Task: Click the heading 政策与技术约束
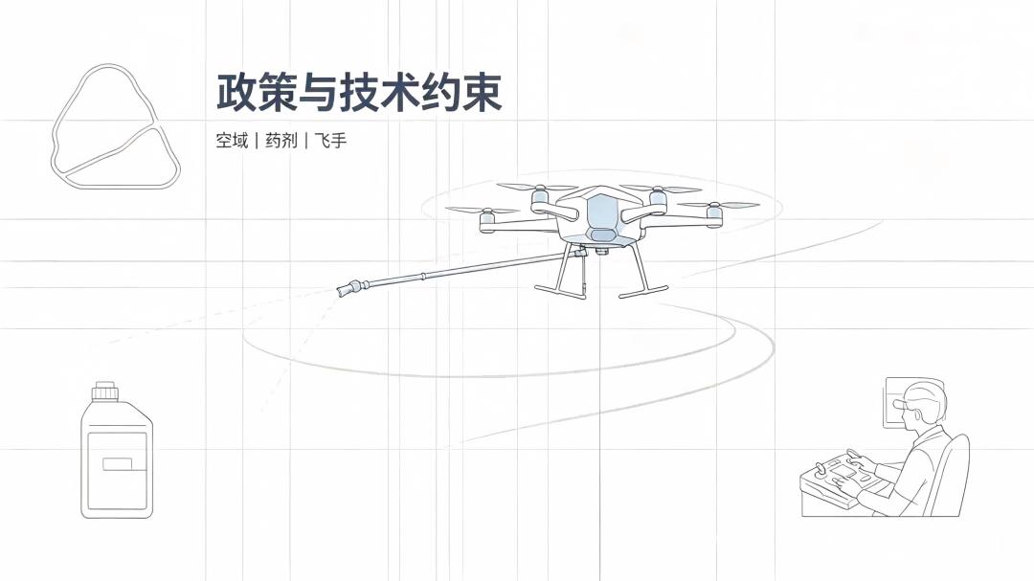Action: tap(359, 92)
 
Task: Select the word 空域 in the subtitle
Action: tap(232, 141)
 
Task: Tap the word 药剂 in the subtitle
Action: tap(281, 141)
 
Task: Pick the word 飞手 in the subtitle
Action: tap(330, 141)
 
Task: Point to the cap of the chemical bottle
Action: tap(105, 391)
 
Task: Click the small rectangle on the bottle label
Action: tap(118, 464)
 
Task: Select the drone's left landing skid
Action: tap(560, 291)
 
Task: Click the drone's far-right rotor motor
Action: tap(714, 214)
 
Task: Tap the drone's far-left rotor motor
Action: tap(486, 221)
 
